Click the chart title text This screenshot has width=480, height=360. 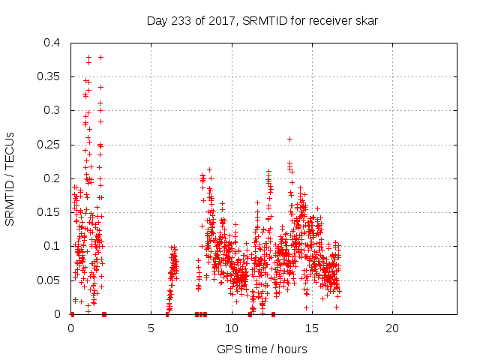click(x=262, y=21)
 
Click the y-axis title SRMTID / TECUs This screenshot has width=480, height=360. click(x=10, y=178)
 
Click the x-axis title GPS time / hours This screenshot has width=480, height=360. click(x=262, y=349)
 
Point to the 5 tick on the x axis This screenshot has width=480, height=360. click(x=151, y=328)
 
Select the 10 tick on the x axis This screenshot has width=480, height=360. click(x=231, y=328)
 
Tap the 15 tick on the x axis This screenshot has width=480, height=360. click(x=311, y=328)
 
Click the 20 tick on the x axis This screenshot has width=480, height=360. click(x=391, y=328)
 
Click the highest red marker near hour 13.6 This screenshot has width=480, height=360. click(x=289, y=139)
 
